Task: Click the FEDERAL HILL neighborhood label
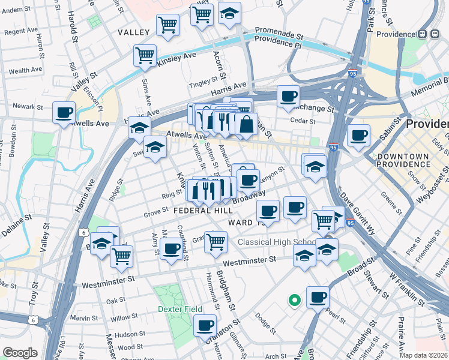click(203, 211)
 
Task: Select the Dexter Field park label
click(177, 309)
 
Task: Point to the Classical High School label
click(276, 242)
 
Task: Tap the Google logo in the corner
click(20, 353)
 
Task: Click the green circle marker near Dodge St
click(294, 300)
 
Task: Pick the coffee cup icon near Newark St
click(64, 112)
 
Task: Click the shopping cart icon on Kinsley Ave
click(145, 55)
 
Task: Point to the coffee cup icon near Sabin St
click(359, 135)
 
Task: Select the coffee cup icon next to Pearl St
click(318, 296)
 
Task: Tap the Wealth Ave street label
click(25, 70)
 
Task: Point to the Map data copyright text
click(424, 355)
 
